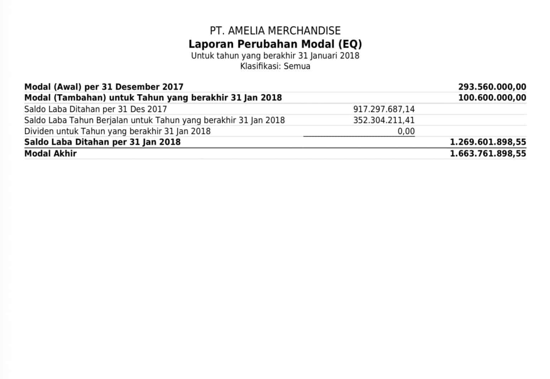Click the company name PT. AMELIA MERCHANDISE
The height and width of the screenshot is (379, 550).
pyautogui.click(x=275, y=31)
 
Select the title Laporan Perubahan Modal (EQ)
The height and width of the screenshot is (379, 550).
pyautogui.click(x=275, y=44)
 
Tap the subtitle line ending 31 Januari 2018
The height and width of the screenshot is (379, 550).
pyautogui.click(x=275, y=56)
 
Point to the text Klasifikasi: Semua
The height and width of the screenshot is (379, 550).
pyautogui.click(x=275, y=66)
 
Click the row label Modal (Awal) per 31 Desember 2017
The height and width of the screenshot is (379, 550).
pyautogui.click(x=104, y=87)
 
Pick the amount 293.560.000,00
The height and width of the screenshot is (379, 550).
pyautogui.click(x=492, y=87)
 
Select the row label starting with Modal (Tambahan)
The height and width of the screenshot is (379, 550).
pyautogui.click(x=153, y=97)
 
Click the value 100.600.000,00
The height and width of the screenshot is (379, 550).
pyautogui.click(x=492, y=97)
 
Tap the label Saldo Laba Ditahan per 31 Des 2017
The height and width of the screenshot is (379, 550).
pyautogui.click(x=96, y=109)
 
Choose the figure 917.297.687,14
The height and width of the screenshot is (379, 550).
pyautogui.click(x=384, y=109)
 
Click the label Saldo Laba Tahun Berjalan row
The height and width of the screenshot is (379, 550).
pyautogui.click(x=154, y=120)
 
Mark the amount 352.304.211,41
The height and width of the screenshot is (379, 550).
pyautogui.click(x=384, y=120)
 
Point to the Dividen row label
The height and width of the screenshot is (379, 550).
pyautogui.click(x=117, y=131)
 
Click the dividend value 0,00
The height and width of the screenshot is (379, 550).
pyautogui.click(x=406, y=131)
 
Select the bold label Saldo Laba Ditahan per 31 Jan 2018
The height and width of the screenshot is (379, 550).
pyautogui.click(x=102, y=142)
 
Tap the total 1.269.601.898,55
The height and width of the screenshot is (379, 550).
pyautogui.click(x=488, y=142)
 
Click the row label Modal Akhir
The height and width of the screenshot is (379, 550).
pyautogui.click(x=50, y=153)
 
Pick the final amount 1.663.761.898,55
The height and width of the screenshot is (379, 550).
pyautogui.click(x=488, y=153)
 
